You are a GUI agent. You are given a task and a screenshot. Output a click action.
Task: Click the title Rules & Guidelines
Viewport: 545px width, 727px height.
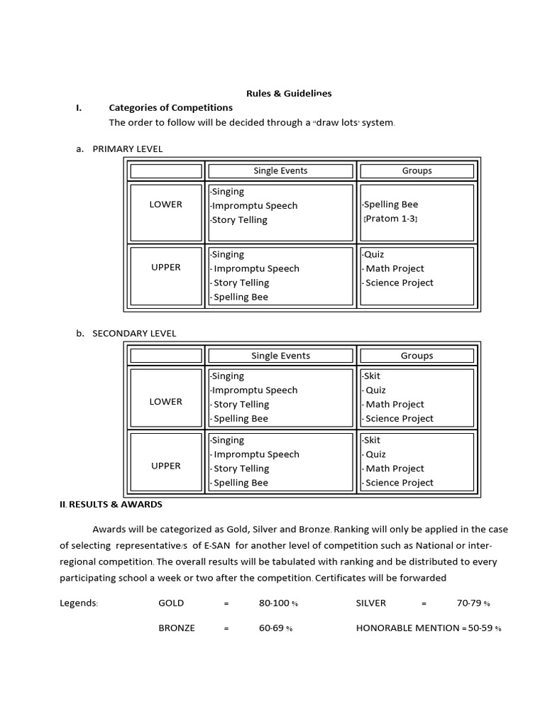pyautogui.click(x=288, y=93)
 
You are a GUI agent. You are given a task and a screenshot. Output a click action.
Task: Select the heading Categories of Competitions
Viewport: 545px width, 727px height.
pyautogui.click(x=170, y=108)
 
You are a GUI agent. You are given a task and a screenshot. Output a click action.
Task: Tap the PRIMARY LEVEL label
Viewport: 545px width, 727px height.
pyautogui.click(x=127, y=149)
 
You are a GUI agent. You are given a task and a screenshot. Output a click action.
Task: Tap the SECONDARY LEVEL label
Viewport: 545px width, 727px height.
pyautogui.click(x=134, y=334)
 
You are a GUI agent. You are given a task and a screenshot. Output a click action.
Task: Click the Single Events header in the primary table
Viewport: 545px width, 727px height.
pyautogui.click(x=280, y=171)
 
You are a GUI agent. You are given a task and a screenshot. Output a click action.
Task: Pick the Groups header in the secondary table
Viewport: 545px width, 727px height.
pyautogui.click(x=417, y=356)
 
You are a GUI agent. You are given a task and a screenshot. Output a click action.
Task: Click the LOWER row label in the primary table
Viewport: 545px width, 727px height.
pyautogui.click(x=165, y=204)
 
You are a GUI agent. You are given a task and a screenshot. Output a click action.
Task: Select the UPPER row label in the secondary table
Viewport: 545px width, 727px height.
pyautogui.click(x=165, y=466)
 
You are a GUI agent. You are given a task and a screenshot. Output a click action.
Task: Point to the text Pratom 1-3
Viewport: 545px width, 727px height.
pyautogui.click(x=390, y=219)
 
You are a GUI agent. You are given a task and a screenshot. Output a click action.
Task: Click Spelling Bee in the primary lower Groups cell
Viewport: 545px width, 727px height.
pyautogui.click(x=390, y=204)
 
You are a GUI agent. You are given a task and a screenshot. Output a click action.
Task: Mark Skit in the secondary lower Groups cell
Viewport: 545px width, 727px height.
pyautogui.click(x=372, y=376)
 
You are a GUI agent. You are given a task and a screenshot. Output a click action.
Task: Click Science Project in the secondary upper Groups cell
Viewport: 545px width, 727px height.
pyautogui.click(x=399, y=483)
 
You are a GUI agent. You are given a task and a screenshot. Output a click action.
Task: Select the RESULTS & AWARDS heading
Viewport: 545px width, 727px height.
pyautogui.click(x=115, y=505)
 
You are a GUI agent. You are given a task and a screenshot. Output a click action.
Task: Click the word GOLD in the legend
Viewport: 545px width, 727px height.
pyautogui.click(x=171, y=603)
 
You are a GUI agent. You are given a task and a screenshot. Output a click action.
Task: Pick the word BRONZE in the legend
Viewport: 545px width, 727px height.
pyautogui.click(x=177, y=628)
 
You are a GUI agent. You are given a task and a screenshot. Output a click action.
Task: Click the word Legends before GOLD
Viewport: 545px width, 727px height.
pyautogui.click(x=79, y=603)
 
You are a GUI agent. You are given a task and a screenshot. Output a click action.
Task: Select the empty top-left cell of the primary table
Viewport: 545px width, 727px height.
pyautogui.click(x=165, y=171)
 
